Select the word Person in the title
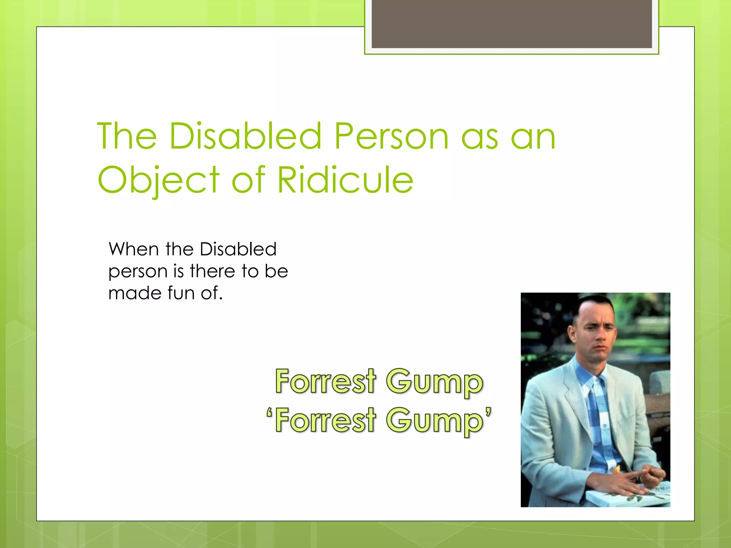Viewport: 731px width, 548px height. click(391, 136)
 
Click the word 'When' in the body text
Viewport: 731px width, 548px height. click(133, 249)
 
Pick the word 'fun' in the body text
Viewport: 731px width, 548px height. click(181, 293)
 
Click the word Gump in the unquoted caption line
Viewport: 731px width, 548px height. click(434, 382)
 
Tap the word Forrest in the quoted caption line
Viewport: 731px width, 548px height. click(326, 420)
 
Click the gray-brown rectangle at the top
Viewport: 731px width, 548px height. click(511, 24)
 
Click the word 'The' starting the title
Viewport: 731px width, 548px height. click(127, 136)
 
